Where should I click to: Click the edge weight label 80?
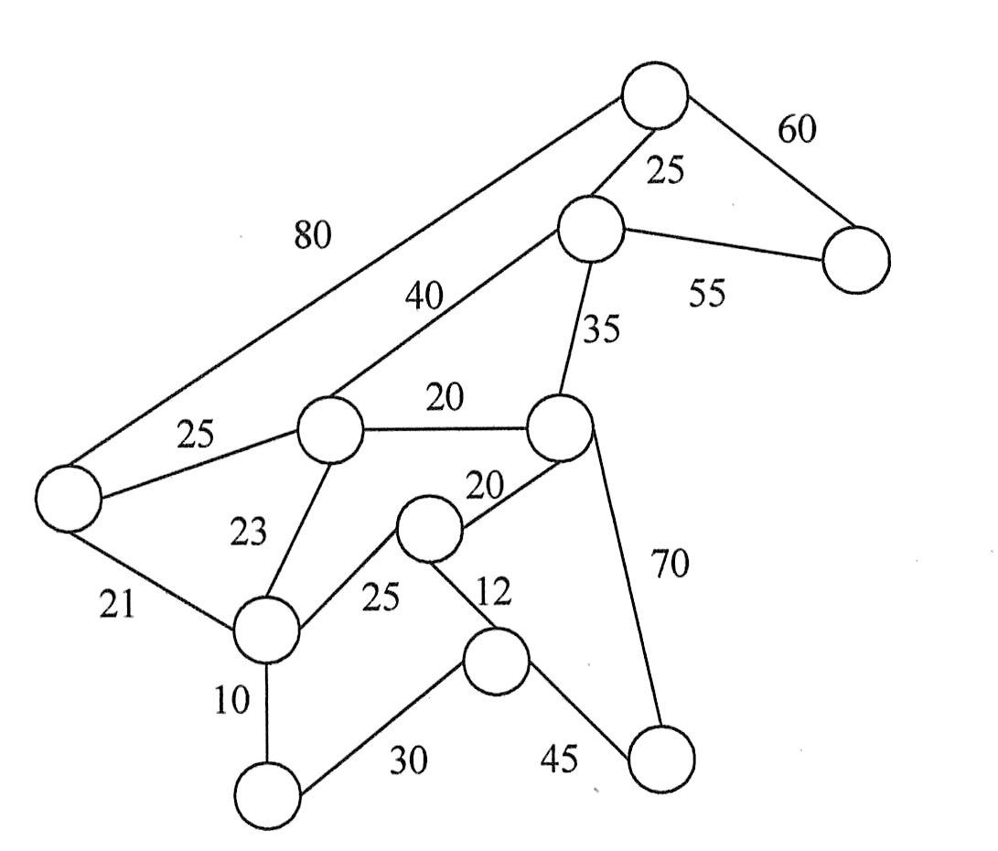click(313, 236)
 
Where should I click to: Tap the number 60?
click(797, 131)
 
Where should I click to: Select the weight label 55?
click(706, 295)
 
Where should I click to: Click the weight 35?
click(600, 329)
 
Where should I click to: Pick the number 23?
click(249, 532)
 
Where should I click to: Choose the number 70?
click(669, 565)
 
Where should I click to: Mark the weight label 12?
click(493, 593)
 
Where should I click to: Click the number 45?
click(559, 759)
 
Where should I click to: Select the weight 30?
click(409, 759)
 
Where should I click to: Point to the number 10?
click(231, 701)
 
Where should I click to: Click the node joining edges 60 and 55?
click(856, 260)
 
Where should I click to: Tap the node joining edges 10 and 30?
click(267, 796)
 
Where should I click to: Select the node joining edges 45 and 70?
click(661, 758)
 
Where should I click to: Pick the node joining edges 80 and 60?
click(654, 95)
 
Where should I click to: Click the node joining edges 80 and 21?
click(69, 498)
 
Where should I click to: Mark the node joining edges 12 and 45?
click(496, 661)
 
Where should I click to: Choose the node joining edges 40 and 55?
click(591, 229)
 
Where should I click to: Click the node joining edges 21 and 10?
click(266, 630)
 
